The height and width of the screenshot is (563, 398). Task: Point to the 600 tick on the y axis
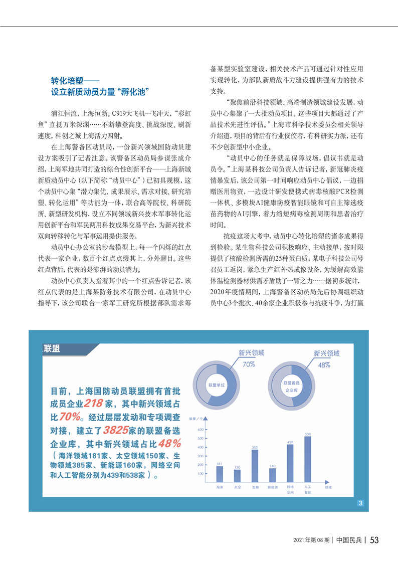point(201,430)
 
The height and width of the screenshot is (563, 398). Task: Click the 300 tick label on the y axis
point(201,456)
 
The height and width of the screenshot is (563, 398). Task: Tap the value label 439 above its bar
point(290,442)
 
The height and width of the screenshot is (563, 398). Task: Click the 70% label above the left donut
point(249,364)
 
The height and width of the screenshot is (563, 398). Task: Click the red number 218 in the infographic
point(94,404)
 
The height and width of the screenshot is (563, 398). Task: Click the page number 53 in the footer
point(374,540)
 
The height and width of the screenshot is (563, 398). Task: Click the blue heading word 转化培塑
point(67,80)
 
